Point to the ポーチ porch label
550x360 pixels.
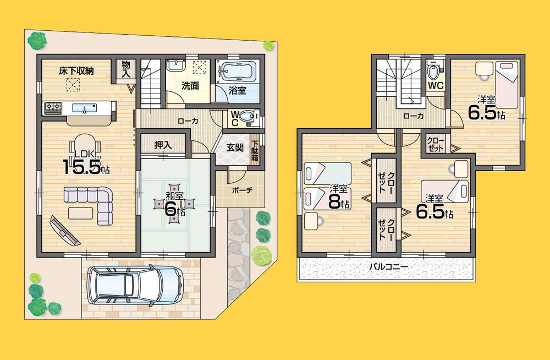click(x=242, y=190)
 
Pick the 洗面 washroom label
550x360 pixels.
click(x=190, y=86)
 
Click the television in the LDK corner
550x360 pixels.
click(x=64, y=230)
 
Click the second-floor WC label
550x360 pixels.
click(x=436, y=85)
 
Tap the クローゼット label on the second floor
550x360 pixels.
click(x=436, y=145)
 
